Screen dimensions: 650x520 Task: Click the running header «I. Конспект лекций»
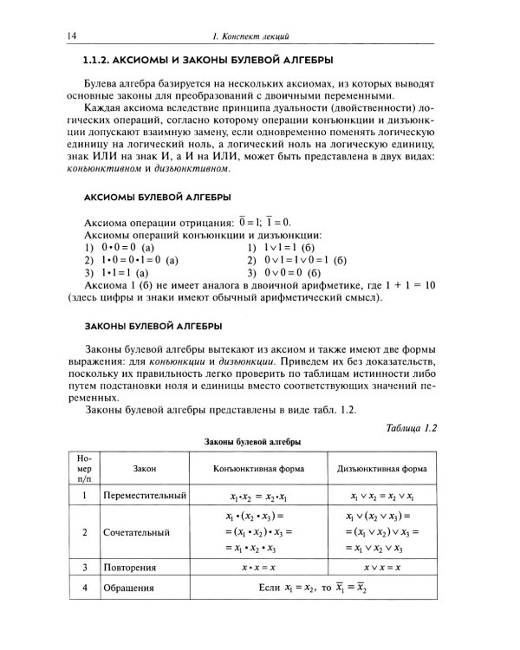click(x=250, y=36)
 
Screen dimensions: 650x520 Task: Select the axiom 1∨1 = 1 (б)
click(x=296, y=247)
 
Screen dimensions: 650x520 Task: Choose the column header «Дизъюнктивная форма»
click(x=382, y=468)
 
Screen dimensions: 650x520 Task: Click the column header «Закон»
click(x=145, y=468)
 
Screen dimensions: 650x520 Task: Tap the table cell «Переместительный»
click(x=145, y=497)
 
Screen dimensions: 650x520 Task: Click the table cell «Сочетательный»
click(x=136, y=532)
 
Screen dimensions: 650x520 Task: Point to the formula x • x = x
click(x=258, y=568)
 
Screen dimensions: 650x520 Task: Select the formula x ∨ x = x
click(x=382, y=568)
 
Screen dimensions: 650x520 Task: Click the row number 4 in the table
click(x=84, y=588)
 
